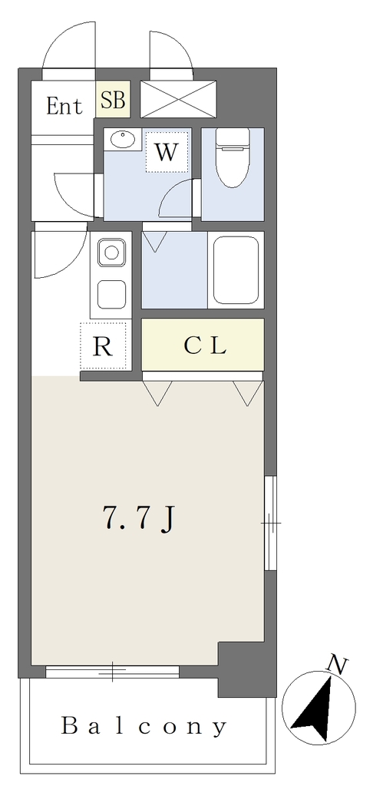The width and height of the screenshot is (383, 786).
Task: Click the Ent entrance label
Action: pyautogui.click(x=64, y=106)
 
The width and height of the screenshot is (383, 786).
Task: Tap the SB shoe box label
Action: pyautogui.click(x=113, y=100)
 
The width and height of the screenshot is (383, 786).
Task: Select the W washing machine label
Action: pyautogui.click(x=167, y=152)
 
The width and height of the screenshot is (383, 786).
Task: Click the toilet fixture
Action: pyautogui.click(x=233, y=157)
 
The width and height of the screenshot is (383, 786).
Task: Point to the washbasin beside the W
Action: pyautogui.click(x=124, y=139)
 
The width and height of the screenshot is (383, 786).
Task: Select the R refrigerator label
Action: pyautogui.click(x=104, y=346)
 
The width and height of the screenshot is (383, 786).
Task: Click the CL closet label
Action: pyautogui.click(x=205, y=345)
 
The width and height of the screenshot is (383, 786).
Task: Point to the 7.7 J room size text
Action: pyautogui.click(x=138, y=517)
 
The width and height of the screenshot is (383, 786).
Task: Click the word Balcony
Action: pyautogui.click(x=144, y=726)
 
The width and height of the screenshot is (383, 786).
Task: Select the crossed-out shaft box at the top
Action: pyautogui.click(x=178, y=99)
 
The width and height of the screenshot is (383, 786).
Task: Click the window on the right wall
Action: pyautogui.click(x=270, y=523)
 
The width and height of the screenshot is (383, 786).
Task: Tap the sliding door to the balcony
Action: pyautogui.click(x=112, y=672)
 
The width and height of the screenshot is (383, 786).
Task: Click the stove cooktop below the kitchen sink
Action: pyautogui.click(x=111, y=294)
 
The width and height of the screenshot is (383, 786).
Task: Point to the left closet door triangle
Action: pyautogui.click(x=157, y=393)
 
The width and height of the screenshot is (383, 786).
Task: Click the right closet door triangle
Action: pyautogui.click(x=248, y=393)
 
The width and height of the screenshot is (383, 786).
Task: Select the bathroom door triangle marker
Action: pyautogui.click(x=154, y=242)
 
